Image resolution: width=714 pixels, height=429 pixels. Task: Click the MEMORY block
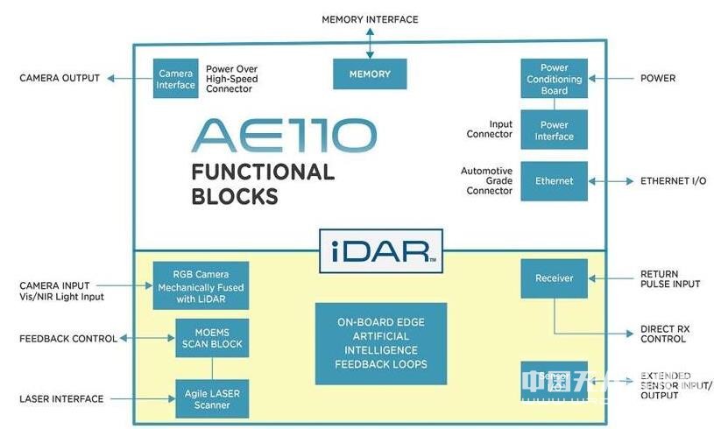(370, 74)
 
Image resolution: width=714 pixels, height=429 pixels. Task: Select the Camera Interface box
(175, 79)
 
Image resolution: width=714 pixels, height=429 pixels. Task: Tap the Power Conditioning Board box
(554, 79)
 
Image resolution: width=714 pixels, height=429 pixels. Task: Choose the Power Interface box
(554, 130)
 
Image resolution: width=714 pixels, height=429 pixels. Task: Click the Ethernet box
(554, 181)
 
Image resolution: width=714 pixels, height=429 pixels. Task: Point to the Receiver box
(554, 278)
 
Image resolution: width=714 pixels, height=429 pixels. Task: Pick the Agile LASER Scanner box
(209, 399)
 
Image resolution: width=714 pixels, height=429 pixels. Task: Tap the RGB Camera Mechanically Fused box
(200, 285)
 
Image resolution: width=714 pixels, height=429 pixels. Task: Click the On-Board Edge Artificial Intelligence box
(381, 343)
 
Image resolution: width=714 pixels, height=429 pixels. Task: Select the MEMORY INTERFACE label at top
(370, 19)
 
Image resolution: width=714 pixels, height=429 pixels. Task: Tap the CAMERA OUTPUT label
(60, 78)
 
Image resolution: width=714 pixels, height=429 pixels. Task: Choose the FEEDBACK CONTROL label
(67, 338)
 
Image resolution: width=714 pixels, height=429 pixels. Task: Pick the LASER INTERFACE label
(61, 399)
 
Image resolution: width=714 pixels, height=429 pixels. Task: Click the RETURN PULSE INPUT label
(670, 279)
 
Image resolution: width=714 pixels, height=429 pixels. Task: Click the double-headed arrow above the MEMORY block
(370, 42)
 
